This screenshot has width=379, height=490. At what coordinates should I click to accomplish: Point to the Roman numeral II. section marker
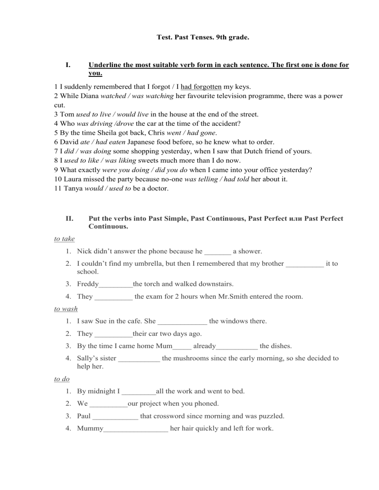[x=69, y=218]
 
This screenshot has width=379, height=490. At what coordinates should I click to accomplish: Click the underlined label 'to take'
[x=64, y=239]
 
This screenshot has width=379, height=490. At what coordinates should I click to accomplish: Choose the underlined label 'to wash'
[x=65, y=309]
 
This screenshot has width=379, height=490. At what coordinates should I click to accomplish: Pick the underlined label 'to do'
[x=62, y=379]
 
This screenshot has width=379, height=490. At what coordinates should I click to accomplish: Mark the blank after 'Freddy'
[x=116, y=284]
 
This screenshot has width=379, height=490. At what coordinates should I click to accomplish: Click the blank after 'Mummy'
[x=136, y=429]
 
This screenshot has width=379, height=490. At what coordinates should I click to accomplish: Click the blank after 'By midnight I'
[x=138, y=392]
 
